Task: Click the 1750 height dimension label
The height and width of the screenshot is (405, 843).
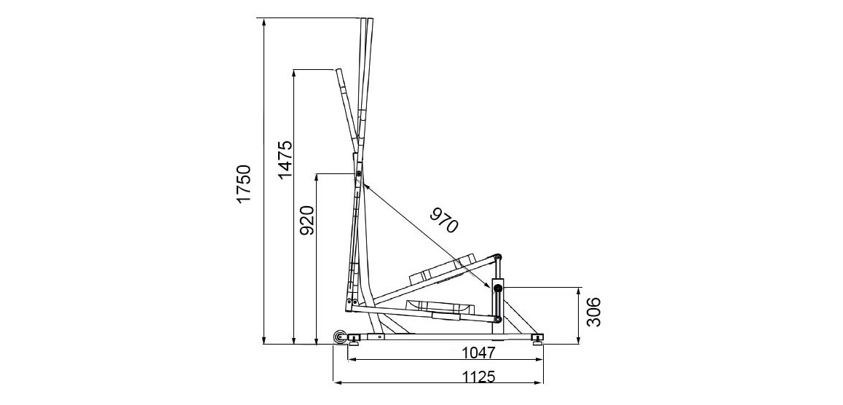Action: pyautogui.click(x=245, y=184)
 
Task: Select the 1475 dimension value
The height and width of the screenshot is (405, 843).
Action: pyautogui.click(x=285, y=160)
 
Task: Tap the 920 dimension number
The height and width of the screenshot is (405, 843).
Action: pyautogui.click(x=307, y=221)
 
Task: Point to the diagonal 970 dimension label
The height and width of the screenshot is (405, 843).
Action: pyautogui.click(x=443, y=220)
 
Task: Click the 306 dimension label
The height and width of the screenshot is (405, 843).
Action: pyautogui.click(x=593, y=312)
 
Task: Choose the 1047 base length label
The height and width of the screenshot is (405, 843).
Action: pyautogui.click(x=478, y=353)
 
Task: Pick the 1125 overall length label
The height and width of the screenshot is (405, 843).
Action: pyautogui.click(x=478, y=377)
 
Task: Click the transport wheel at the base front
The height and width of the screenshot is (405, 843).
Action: pyautogui.click(x=340, y=337)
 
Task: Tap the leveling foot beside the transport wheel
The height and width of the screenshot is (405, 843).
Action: pyautogui.click(x=355, y=339)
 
